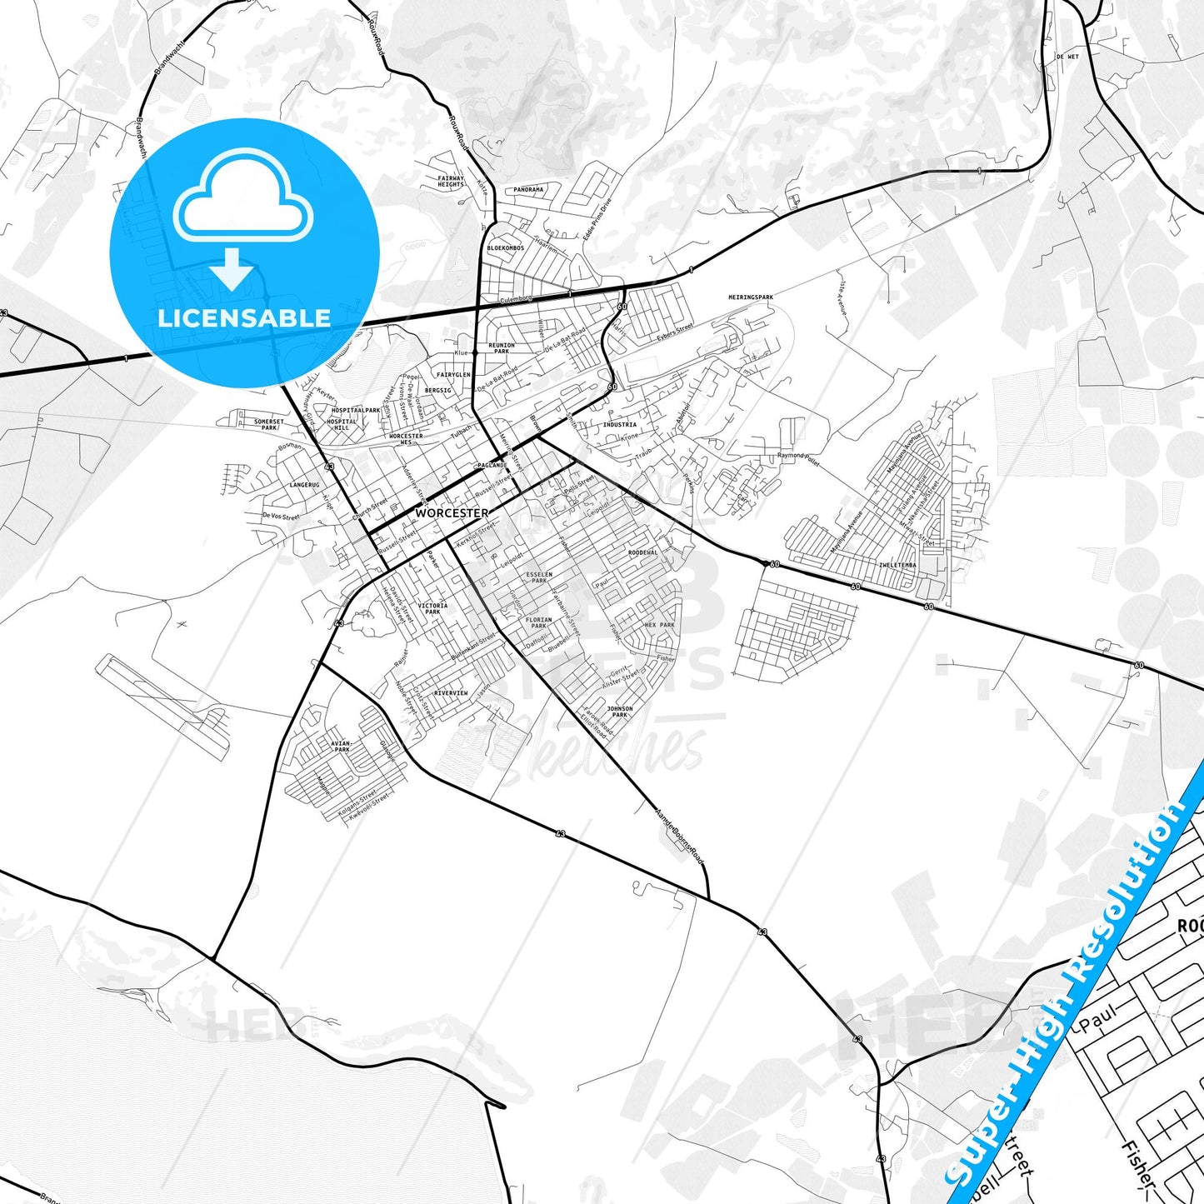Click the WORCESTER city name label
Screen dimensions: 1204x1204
(452, 513)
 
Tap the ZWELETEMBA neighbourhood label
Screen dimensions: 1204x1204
(897, 565)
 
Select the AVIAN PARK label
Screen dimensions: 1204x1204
(342, 746)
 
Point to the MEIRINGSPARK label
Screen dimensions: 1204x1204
(751, 297)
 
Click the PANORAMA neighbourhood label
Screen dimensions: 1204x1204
(528, 190)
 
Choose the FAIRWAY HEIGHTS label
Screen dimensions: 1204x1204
(451, 181)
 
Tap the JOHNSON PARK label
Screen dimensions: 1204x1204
(619, 712)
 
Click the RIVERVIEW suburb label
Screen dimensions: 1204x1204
(451, 693)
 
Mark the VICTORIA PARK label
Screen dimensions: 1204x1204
(432, 608)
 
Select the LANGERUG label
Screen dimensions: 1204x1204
(304, 485)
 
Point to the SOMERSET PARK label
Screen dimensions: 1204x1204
(268, 424)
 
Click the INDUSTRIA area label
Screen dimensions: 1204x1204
(620, 425)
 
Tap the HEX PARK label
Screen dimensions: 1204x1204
(660, 625)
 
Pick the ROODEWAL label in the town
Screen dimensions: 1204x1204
(642, 552)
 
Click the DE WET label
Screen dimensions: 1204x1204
(1067, 57)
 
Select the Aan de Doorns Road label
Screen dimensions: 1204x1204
(679, 836)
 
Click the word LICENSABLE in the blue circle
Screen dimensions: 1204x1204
(244, 317)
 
